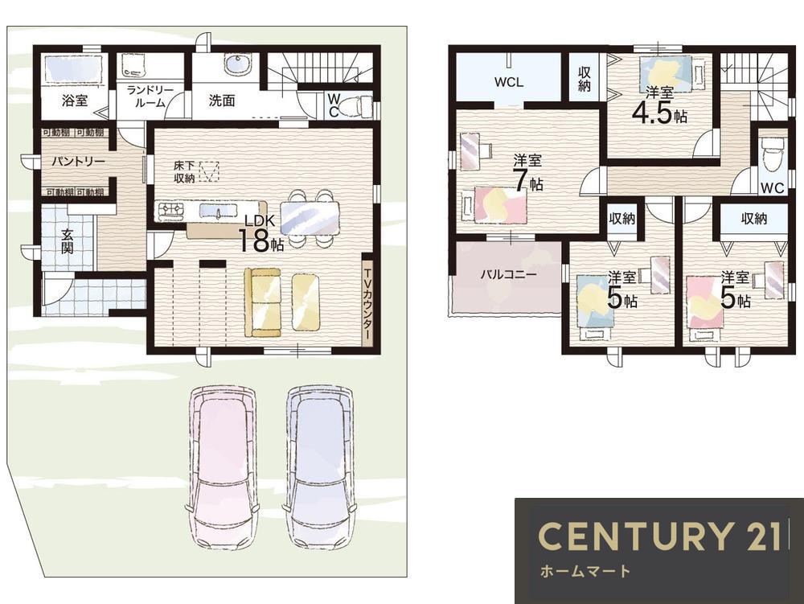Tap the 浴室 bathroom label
point(75,101)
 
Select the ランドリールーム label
point(150,97)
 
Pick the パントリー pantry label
point(79,162)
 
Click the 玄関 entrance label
point(68,241)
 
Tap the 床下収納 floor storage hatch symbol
point(209,172)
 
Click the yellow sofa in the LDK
point(263,302)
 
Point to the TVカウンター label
point(367,302)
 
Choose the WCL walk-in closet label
point(509,82)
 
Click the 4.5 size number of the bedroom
point(651,113)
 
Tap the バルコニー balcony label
point(509,275)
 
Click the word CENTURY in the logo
point(635,536)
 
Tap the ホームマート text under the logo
point(585,571)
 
